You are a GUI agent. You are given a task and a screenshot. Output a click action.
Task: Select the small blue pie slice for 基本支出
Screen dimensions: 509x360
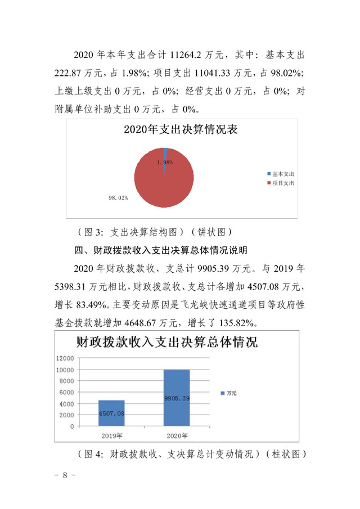[x=165, y=152]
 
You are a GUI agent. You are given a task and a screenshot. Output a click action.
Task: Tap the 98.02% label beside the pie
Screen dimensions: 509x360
[x=118, y=198]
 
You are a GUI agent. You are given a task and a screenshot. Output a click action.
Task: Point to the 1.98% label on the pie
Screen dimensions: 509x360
[x=165, y=162]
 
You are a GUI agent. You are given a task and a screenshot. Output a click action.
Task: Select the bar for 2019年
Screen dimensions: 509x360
[x=112, y=413]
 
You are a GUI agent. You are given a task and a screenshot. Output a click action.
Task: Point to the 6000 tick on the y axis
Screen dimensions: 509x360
[x=67, y=393]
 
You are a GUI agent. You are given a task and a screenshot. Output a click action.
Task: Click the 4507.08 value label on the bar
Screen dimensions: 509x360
[x=112, y=413]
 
